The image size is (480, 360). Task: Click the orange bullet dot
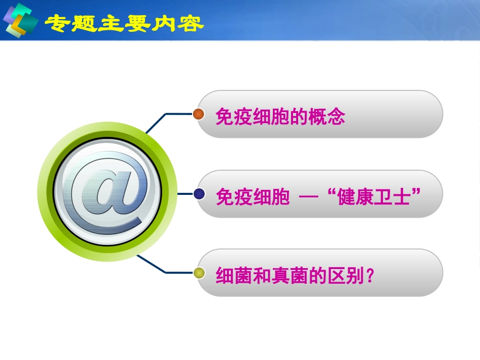pos(199,114)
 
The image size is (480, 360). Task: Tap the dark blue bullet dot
pos(199,193)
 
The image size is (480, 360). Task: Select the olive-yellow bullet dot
pos(199,273)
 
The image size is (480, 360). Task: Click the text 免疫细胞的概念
pos(280,117)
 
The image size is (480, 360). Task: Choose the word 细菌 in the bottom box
pos(228,276)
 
